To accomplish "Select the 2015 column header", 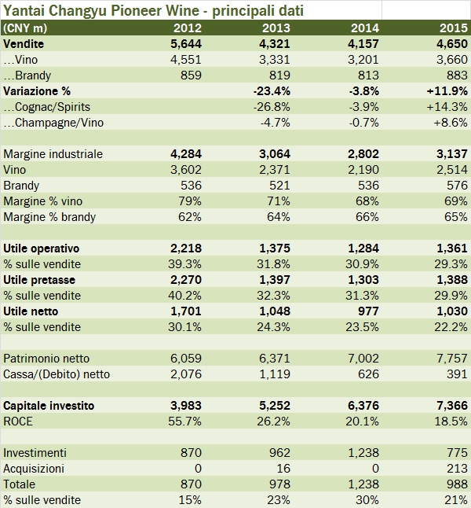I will [x=453, y=29].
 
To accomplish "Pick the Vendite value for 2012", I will [x=186, y=44].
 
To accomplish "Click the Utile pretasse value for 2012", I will [x=186, y=280].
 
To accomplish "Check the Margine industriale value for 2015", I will [x=452, y=154].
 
